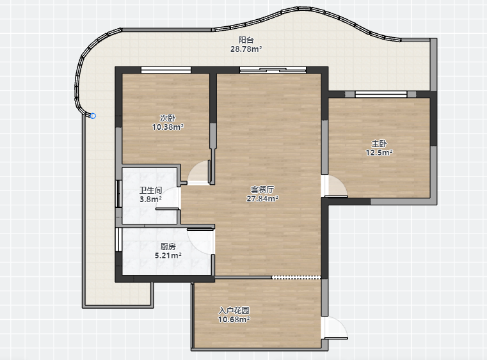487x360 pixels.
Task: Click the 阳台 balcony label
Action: (246, 40)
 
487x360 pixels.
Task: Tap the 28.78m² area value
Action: (246, 49)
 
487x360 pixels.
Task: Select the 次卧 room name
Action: (168, 118)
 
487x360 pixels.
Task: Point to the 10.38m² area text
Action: (168, 127)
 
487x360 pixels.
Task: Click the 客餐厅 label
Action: (262, 189)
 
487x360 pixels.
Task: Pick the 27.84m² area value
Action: (262, 199)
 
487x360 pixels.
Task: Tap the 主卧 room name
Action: (379, 144)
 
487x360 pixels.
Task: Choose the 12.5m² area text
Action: (379, 153)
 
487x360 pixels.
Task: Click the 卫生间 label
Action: (150, 191)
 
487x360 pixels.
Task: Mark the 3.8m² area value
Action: (150, 200)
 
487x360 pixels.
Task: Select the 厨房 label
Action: (168, 246)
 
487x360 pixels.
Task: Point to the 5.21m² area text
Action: (168, 255)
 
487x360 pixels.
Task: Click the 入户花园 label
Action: (234, 310)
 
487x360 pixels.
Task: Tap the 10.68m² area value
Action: (234, 319)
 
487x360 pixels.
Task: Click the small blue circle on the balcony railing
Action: (93, 116)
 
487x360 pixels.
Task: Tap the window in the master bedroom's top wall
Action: (381, 95)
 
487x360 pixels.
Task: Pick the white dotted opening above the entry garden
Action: (296, 277)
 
